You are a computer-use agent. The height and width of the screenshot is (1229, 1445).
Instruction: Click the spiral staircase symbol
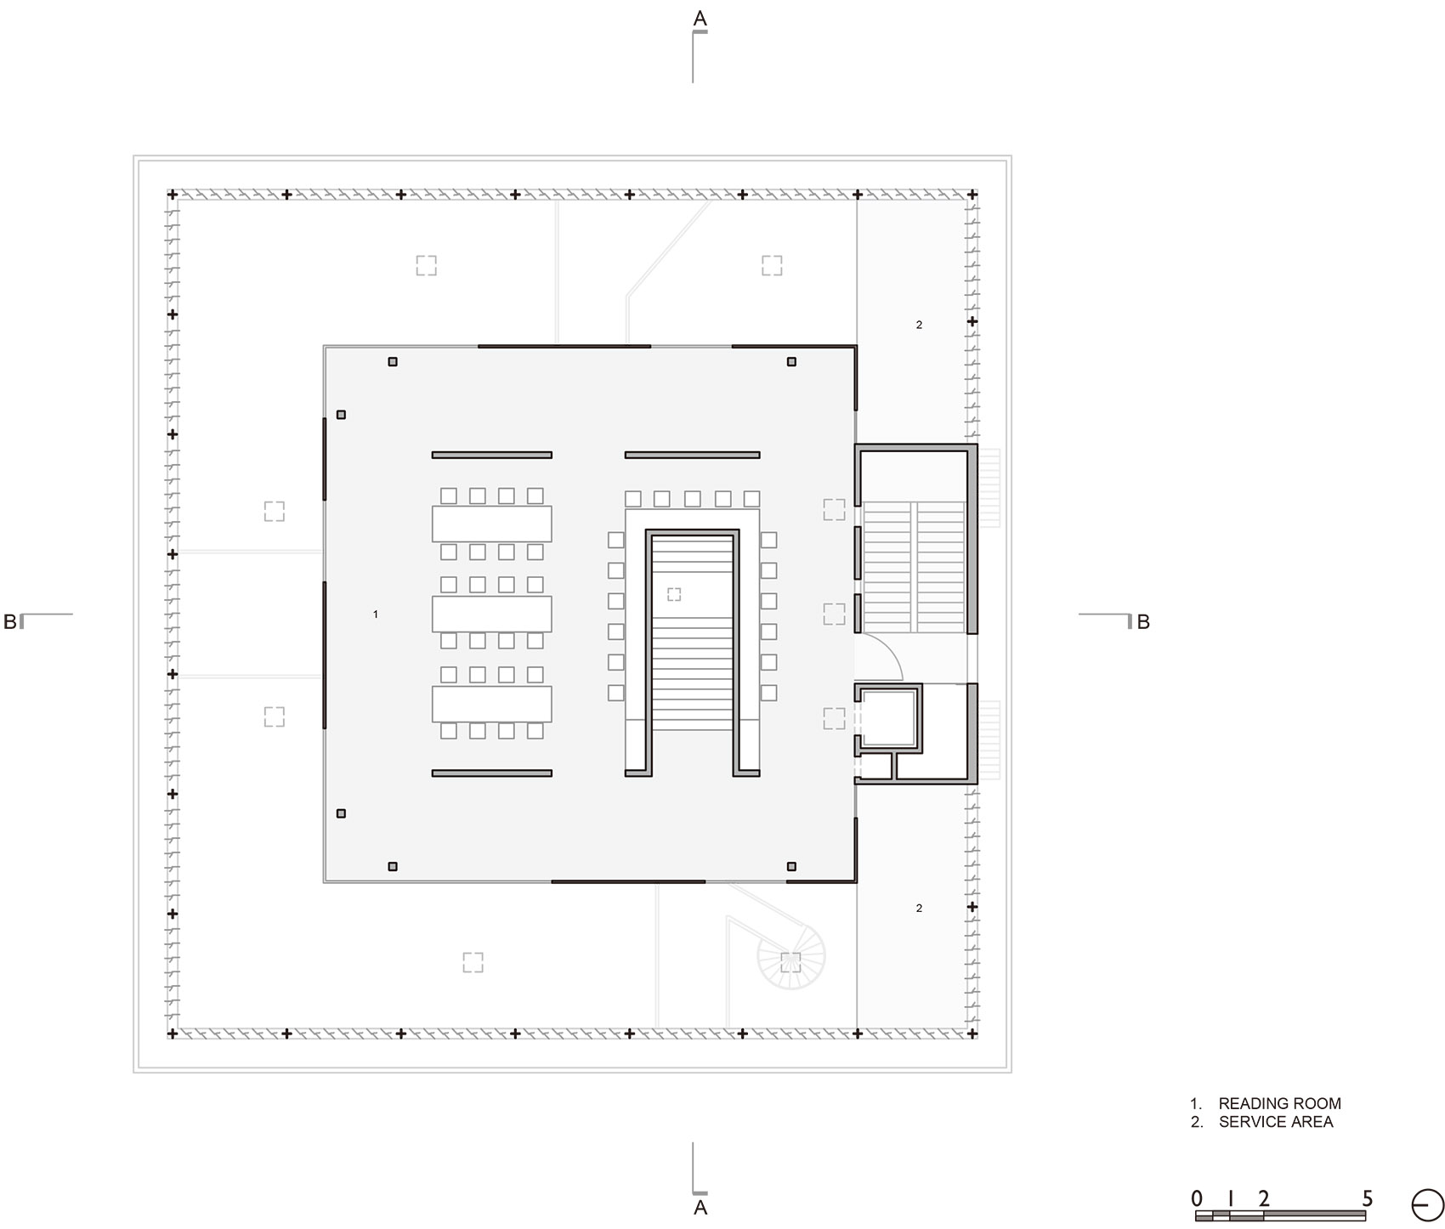tap(791, 957)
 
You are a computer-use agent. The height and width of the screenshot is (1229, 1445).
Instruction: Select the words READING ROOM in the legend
tap(1279, 1103)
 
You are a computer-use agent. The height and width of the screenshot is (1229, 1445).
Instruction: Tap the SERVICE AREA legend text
tap(1275, 1122)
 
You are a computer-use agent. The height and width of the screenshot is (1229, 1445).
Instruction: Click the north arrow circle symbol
tap(1427, 1205)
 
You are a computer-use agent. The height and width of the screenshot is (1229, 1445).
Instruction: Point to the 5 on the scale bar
tap(1367, 1198)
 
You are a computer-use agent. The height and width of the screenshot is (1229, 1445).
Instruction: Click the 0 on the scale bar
tap(1197, 1198)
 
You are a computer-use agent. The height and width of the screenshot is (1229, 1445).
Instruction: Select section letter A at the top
tap(700, 18)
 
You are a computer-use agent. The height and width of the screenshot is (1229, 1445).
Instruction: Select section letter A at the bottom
tap(700, 1208)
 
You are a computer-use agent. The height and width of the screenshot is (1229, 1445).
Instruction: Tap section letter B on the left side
tap(9, 621)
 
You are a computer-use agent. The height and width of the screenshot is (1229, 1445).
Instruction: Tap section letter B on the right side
tap(1143, 621)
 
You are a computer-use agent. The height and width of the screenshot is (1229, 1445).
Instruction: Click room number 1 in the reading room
tap(376, 614)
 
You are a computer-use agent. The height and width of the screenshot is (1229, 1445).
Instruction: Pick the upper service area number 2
tap(919, 325)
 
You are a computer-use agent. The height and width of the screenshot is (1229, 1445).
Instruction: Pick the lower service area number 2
tap(919, 909)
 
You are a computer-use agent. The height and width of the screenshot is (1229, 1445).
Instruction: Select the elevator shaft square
tap(888, 718)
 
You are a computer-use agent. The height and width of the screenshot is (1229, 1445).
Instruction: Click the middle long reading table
tap(491, 614)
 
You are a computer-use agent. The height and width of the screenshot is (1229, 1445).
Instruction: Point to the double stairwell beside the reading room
tap(915, 566)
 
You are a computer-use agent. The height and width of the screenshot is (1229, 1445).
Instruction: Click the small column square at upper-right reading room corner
tap(791, 362)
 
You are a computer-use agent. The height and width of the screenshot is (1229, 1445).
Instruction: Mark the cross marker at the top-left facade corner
tap(173, 195)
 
